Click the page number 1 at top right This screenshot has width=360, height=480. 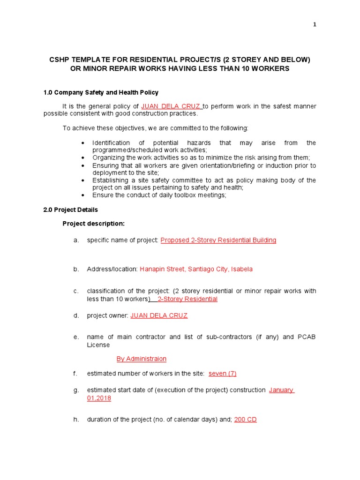(315, 25)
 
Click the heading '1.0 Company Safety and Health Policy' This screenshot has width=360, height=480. (101, 92)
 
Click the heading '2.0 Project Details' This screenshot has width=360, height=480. (71, 210)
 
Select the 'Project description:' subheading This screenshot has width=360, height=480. (94, 224)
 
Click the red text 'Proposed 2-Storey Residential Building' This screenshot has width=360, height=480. (218, 240)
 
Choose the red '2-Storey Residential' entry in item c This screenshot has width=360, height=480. (187, 299)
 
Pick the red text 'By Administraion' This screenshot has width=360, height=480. (141, 359)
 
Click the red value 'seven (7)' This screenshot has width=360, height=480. (222, 374)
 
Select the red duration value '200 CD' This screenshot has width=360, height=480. (245, 420)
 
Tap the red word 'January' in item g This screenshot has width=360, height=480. (281, 390)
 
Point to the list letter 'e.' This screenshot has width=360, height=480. (76, 337)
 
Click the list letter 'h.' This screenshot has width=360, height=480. (76, 420)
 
